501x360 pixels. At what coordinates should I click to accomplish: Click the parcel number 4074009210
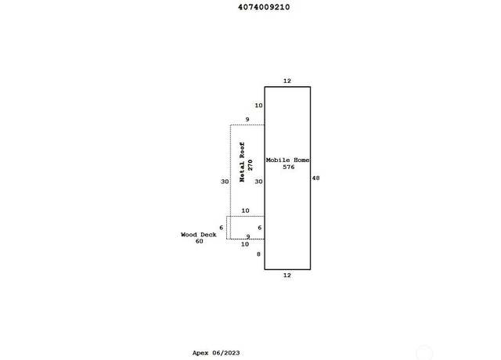264,7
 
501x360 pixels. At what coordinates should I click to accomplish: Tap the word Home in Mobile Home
301,160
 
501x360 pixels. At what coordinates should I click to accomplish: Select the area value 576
289,167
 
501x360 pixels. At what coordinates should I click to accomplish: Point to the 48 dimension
315,178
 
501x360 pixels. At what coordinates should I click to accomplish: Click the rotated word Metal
242,172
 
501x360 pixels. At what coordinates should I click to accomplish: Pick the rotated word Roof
242,150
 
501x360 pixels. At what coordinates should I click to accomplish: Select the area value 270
250,165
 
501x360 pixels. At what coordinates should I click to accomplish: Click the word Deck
208,235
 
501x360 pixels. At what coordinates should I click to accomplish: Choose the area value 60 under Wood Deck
199,241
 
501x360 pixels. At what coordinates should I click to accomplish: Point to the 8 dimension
258,254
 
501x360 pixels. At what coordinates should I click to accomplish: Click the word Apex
200,353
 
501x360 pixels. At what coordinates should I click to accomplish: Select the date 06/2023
226,353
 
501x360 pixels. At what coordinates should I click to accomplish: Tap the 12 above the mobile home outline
287,81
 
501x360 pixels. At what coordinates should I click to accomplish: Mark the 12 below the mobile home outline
287,275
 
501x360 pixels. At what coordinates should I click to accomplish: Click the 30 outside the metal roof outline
225,182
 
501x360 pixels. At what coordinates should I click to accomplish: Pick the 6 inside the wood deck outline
259,228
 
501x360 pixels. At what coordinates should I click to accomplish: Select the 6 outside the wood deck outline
221,228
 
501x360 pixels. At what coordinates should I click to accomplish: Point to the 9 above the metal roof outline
247,120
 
